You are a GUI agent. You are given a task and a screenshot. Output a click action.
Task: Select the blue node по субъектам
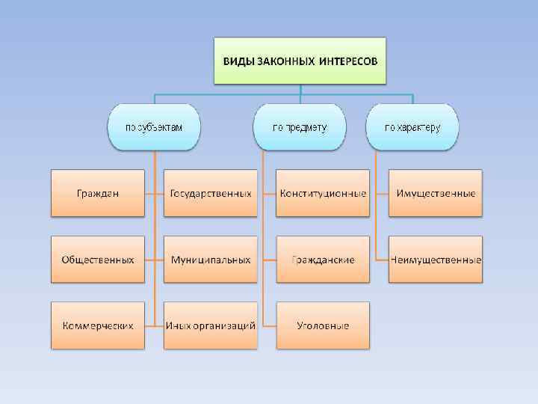[x=154, y=126]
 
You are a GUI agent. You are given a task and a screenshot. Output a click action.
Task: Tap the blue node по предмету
[x=300, y=126]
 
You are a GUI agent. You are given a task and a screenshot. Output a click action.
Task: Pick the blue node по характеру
[x=412, y=126]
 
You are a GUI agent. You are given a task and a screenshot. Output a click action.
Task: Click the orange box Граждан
[x=98, y=193]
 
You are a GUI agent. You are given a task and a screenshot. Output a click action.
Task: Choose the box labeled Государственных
[x=211, y=193]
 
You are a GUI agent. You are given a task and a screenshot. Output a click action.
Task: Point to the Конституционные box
[x=323, y=193]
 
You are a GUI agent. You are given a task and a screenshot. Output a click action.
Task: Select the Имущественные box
[x=436, y=193]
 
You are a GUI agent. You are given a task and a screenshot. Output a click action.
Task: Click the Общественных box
[x=98, y=260]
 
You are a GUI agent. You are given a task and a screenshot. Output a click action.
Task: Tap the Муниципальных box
[x=211, y=260]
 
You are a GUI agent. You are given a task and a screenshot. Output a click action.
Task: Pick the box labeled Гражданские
[x=323, y=260]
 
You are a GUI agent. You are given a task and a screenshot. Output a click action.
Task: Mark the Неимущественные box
[x=436, y=260]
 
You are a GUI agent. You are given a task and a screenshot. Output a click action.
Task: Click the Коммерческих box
[x=98, y=325]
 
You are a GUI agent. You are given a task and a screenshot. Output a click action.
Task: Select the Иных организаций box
[x=211, y=325]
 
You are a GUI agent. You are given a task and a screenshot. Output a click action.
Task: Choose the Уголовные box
[x=323, y=325]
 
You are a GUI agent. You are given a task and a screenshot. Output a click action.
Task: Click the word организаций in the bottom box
[x=224, y=326]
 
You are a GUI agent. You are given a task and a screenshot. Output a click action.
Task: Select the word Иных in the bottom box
[x=179, y=326]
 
